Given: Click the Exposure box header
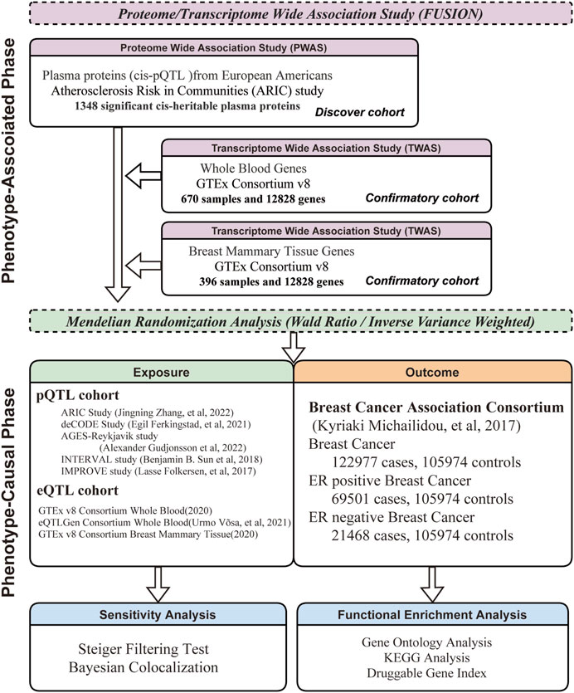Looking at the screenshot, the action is pyautogui.click(x=161, y=372).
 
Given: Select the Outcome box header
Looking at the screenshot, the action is pyautogui.click(x=432, y=372).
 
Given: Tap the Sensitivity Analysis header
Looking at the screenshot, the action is pyautogui.click(x=158, y=615).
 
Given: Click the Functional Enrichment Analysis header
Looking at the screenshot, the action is pyautogui.click(x=432, y=615).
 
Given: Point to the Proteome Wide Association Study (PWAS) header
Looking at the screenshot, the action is pyautogui.click(x=224, y=48).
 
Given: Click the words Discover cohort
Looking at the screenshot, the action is pyautogui.click(x=360, y=112).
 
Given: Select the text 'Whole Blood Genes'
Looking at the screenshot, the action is pyautogui.click(x=253, y=168).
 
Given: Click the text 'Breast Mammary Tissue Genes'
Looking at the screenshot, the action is pyautogui.click(x=271, y=251).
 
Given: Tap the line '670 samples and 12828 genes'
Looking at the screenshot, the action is pyautogui.click(x=253, y=199).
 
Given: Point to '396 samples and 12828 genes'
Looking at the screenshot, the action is pyautogui.click(x=271, y=282).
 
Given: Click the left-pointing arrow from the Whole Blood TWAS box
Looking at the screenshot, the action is pyautogui.click(x=143, y=175).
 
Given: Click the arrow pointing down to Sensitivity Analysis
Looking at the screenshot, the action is pyautogui.click(x=158, y=584).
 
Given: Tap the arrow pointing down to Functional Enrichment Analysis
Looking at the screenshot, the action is pyautogui.click(x=431, y=584).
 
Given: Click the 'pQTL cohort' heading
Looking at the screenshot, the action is pyautogui.click(x=78, y=395).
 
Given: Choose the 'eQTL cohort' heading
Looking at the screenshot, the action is pyautogui.click(x=78, y=490).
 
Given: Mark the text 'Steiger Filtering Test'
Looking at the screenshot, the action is pyautogui.click(x=143, y=649).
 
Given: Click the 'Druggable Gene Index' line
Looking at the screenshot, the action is pyautogui.click(x=426, y=673).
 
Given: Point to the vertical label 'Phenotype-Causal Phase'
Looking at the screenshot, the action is pyautogui.click(x=8, y=492).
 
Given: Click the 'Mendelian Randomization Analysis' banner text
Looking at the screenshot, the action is pyautogui.click(x=300, y=321).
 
